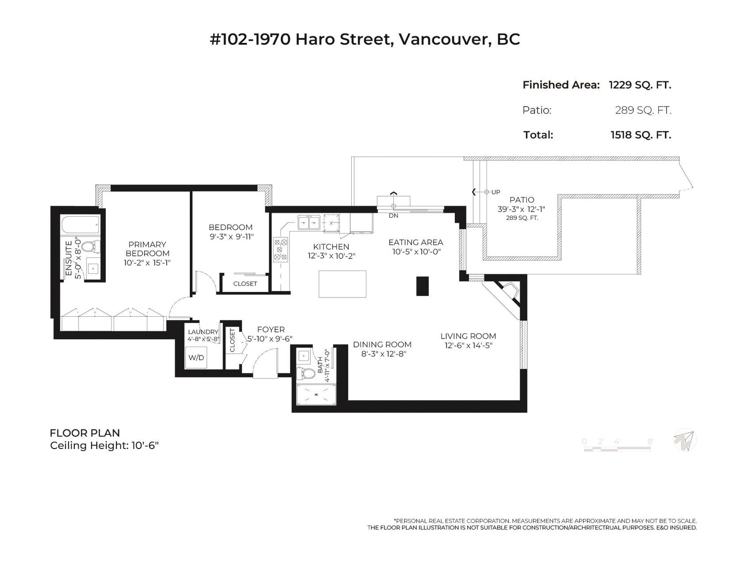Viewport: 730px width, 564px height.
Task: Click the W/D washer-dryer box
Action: click(x=196, y=357)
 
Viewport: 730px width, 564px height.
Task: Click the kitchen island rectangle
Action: click(x=342, y=284)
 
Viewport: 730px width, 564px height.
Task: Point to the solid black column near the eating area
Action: click(x=422, y=286)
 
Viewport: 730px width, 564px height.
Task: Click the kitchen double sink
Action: click(x=308, y=222)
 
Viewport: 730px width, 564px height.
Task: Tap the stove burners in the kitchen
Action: click(x=281, y=250)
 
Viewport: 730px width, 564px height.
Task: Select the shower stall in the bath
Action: click(x=316, y=394)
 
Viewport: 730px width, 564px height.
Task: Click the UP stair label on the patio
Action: click(x=496, y=192)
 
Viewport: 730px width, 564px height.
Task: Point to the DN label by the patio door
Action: click(x=393, y=216)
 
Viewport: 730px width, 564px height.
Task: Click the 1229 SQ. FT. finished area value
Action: click(x=640, y=85)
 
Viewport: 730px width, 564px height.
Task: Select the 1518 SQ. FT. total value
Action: click(x=641, y=135)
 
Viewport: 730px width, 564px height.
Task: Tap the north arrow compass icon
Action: click(x=685, y=440)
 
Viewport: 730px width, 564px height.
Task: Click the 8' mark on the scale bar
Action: click(x=650, y=441)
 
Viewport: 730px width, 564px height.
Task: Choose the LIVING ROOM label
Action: click(x=468, y=336)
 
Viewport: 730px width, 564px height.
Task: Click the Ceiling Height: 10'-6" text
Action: click(x=104, y=445)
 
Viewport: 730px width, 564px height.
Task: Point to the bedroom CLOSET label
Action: click(x=245, y=283)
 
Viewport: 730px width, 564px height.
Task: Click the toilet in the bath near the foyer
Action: click(x=305, y=373)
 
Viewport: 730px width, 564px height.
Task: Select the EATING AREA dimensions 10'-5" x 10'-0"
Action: click(x=416, y=251)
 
